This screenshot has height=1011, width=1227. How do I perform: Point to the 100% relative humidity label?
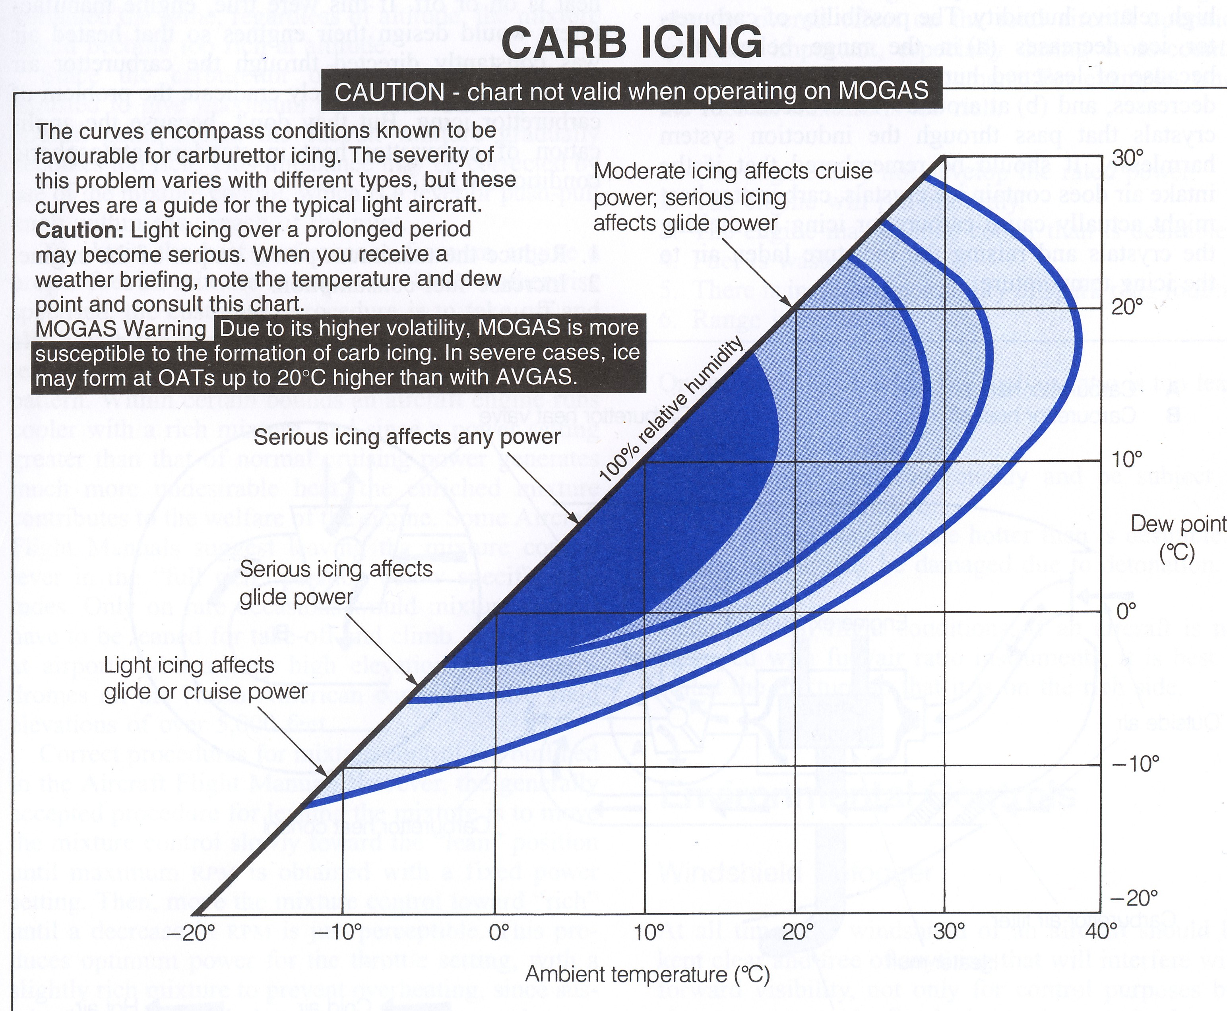point(671,409)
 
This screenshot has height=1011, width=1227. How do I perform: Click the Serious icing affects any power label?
point(407,437)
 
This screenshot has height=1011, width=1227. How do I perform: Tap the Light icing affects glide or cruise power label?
point(205,678)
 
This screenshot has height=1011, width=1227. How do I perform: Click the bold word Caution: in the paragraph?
point(80,230)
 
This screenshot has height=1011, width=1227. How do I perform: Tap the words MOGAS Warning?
point(120,329)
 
